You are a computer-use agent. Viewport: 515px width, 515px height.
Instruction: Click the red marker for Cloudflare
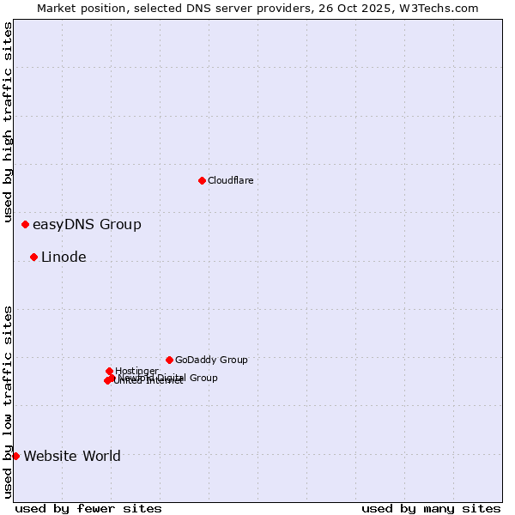tap(202, 180)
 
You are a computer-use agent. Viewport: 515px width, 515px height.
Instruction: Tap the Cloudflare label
tap(230, 180)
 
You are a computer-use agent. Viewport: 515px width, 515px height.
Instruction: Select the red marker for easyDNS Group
tap(25, 225)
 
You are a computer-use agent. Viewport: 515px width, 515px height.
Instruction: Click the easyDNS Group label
tap(87, 225)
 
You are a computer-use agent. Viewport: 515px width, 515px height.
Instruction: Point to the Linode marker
tap(33, 257)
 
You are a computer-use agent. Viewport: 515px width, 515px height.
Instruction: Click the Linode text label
tap(64, 257)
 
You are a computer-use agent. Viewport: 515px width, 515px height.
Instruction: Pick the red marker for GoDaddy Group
tap(169, 360)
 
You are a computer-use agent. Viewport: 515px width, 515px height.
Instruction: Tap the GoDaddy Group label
tap(211, 360)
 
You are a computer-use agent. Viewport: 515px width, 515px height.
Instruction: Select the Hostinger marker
tap(109, 371)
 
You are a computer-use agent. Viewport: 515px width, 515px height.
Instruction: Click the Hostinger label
tap(136, 371)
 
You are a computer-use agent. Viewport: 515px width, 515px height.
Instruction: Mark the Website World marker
tap(15, 456)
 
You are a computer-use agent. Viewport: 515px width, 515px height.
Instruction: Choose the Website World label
tap(72, 457)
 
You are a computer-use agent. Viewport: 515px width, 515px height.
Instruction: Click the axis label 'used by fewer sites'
tap(88, 508)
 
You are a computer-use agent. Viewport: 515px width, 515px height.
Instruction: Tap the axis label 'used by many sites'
tap(431, 508)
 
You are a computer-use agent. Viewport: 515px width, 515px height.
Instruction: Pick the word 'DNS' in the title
tap(185, 8)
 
